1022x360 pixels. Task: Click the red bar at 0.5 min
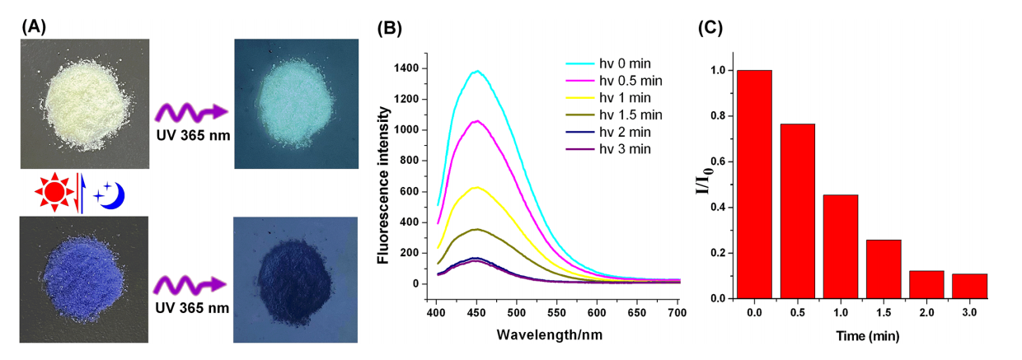798,211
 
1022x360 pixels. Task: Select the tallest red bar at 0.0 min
755,184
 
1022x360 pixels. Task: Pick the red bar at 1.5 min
884,269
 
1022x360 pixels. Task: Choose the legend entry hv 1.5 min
612,115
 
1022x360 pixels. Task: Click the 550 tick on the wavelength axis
476,314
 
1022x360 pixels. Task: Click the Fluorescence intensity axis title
383,176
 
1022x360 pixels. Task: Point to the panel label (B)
389,27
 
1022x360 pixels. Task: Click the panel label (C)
710,27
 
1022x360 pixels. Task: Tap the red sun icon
53,193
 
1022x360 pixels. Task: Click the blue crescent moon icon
112,194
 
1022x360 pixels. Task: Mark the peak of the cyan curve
476,71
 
